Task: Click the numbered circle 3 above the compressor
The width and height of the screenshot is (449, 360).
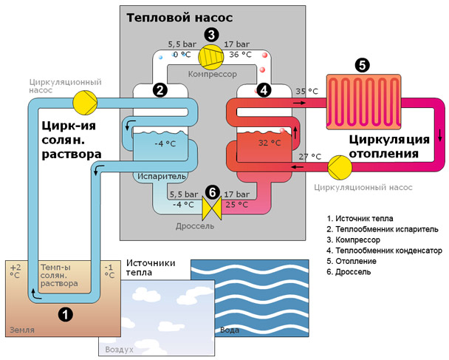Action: [212, 35]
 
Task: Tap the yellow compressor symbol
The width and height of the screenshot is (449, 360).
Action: [211, 56]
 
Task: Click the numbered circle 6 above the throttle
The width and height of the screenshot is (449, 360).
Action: [212, 192]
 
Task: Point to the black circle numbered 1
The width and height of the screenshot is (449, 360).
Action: [65, 315]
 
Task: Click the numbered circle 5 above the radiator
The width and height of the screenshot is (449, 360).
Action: [363, 65]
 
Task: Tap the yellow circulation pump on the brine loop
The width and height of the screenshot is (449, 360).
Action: [85, 103]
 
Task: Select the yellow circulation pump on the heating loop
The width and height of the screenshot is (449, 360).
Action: [340, 167]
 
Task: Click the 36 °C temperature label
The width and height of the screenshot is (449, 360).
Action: [240, 55]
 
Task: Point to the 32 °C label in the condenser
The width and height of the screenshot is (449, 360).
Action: [270, 143]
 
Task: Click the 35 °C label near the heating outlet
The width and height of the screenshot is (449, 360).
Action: [306, 92]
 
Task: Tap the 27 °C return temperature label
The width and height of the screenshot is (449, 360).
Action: [310, 157]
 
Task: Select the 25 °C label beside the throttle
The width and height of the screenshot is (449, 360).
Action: [237, 205]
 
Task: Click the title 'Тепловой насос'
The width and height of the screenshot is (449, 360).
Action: [179, 18]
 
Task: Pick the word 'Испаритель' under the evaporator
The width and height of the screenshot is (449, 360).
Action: [162, 176]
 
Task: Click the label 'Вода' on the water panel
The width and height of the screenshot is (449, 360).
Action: [230, 330]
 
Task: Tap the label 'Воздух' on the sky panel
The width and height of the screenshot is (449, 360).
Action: [119, 350]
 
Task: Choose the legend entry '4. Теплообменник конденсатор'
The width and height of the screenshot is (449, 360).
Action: [385, 251]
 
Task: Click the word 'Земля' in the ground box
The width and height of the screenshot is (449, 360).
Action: [22, 330]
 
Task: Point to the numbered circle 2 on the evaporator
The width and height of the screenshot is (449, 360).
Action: [160, 90]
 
